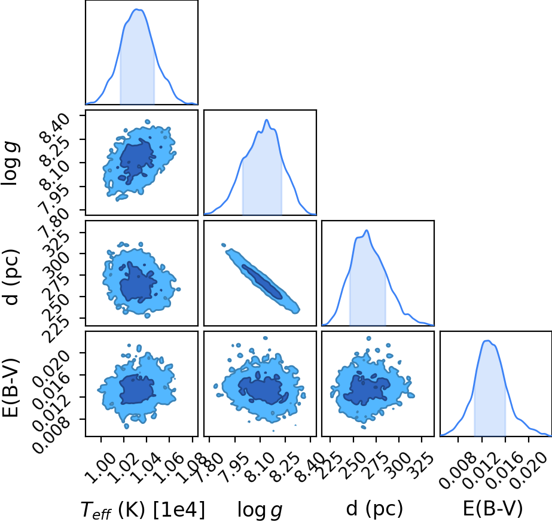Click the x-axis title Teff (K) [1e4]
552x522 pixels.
click(x=142, y=509)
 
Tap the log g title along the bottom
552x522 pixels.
click(x=260, y=509)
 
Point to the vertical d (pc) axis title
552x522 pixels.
click(x=11, y=277)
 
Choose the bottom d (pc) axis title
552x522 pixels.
click(x=374, y=509)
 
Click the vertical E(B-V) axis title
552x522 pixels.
click(x=11, y=387)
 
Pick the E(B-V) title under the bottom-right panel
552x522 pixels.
click(x=493, y=509)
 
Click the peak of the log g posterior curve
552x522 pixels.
click(x=267, y=120)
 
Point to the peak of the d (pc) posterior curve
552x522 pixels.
click(x=367, y=231)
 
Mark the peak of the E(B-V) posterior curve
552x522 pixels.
click(x=487, y=340)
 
